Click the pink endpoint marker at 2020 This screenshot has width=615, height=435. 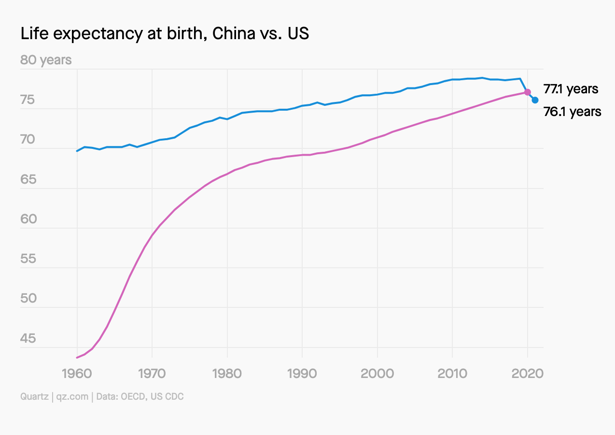click(528, 92)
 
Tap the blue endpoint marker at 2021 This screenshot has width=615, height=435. click(535, 100)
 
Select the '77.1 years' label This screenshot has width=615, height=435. click(571, 89)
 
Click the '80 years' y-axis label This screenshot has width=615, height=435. click(46, 60)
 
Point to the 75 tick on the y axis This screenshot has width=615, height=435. click(28, 101)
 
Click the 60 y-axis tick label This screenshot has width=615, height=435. click(28, 219)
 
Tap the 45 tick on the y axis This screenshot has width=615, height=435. click(28, 338)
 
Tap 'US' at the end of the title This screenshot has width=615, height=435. click(298, 34)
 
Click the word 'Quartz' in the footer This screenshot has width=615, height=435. click(34, 397)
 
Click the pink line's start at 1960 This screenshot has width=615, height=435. click(77, 358)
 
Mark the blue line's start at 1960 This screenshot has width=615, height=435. click(77, 151)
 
